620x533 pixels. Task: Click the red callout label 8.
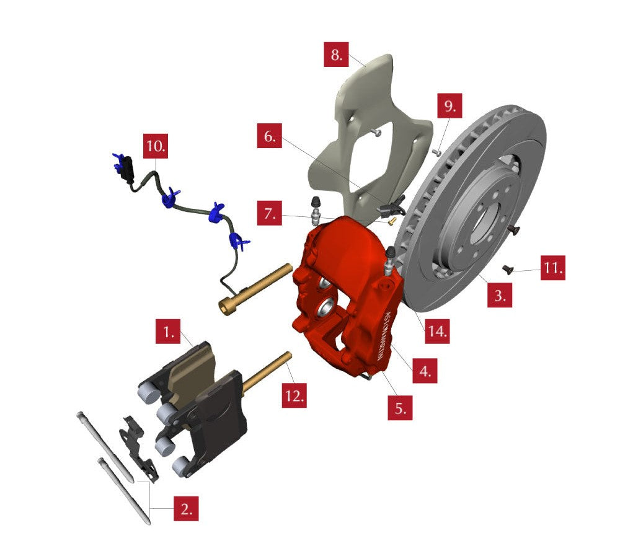(x=336, y=54)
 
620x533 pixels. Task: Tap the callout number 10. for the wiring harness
(x=156, y=146)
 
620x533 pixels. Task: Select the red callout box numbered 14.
(x=437, y=330)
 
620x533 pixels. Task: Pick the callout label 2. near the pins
(x=186, y=508)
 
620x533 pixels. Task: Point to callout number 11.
(x=553, y=268)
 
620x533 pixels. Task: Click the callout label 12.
(x=294, y=395)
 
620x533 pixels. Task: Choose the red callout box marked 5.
(x=400, y=407)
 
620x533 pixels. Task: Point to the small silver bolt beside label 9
(x=437, y=152)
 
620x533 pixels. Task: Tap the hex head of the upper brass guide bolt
(x=228, y=306)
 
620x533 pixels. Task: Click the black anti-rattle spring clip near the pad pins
(x=139, y=448)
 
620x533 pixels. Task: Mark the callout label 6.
(x=269, y=136)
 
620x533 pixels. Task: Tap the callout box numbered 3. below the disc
(x=500, y=295)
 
